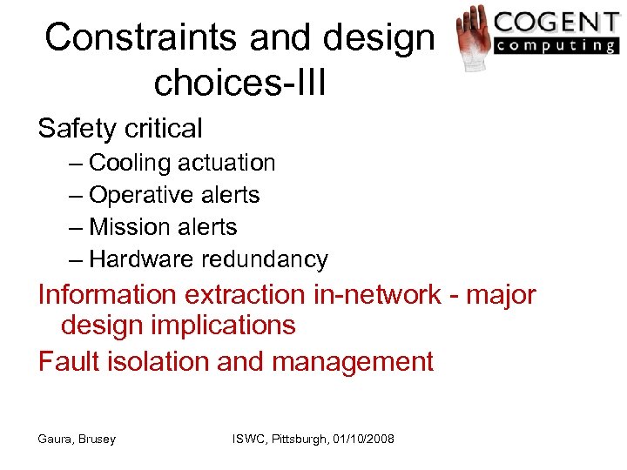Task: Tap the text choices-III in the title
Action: [239, 84]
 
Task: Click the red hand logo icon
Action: [474, 37]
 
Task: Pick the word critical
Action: [165, 129]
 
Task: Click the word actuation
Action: [227, 163]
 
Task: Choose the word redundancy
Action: [265, 259]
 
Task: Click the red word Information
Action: [107, 294]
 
